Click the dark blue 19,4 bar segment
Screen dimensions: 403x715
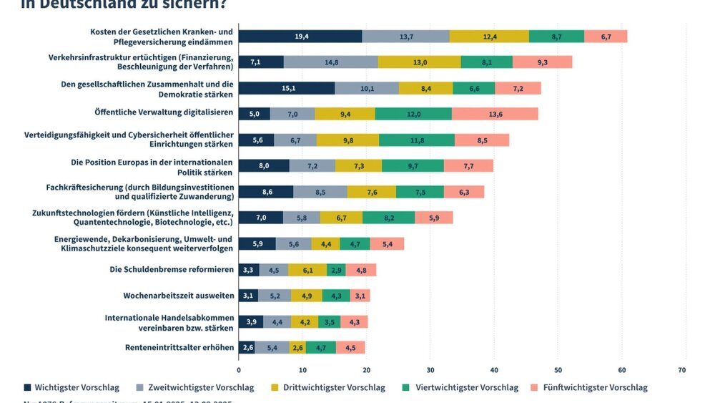(x=300, y=36)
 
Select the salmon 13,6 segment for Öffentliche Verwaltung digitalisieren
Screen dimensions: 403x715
(x=495, y=113)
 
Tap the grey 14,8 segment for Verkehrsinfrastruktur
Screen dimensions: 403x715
(x=331, y=62)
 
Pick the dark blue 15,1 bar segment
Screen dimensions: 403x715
(x=286, y=88)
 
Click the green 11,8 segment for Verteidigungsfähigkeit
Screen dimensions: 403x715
(x=417, y=140)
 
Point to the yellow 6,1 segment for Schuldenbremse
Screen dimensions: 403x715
(x=307, y=270)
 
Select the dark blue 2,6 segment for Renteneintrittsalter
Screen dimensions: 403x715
(x=247, y=348)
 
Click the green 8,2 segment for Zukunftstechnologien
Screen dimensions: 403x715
(x=388, y=218)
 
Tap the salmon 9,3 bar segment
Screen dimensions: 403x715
(x=542, y=62)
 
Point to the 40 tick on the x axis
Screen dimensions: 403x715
(x=494, y=370)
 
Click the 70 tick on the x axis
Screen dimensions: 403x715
(x=681, y=370)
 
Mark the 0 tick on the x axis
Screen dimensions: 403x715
(x=239, y=370)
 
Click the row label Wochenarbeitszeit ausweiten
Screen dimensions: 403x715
(x=179, y=296)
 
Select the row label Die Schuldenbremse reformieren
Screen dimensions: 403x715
(x=172, y=270)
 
